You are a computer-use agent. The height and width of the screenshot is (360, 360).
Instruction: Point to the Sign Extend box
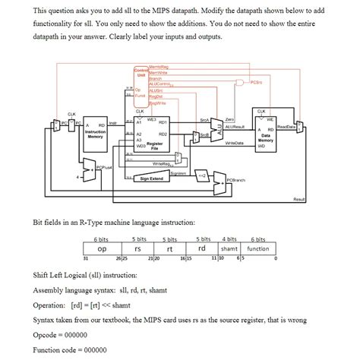(152, 179)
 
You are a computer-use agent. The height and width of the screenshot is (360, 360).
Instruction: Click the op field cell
(101, 248)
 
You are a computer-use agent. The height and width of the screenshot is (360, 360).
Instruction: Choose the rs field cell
(137, 248)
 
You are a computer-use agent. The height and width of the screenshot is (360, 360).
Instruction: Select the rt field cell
(171, 248)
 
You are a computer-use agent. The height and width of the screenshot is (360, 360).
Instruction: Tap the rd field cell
(201, 248)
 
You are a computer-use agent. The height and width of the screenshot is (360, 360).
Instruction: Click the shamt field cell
(229, 248)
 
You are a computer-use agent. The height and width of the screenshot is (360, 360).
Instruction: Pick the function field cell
(258, 248)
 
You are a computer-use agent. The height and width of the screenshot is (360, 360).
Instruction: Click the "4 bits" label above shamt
(229, 238)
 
